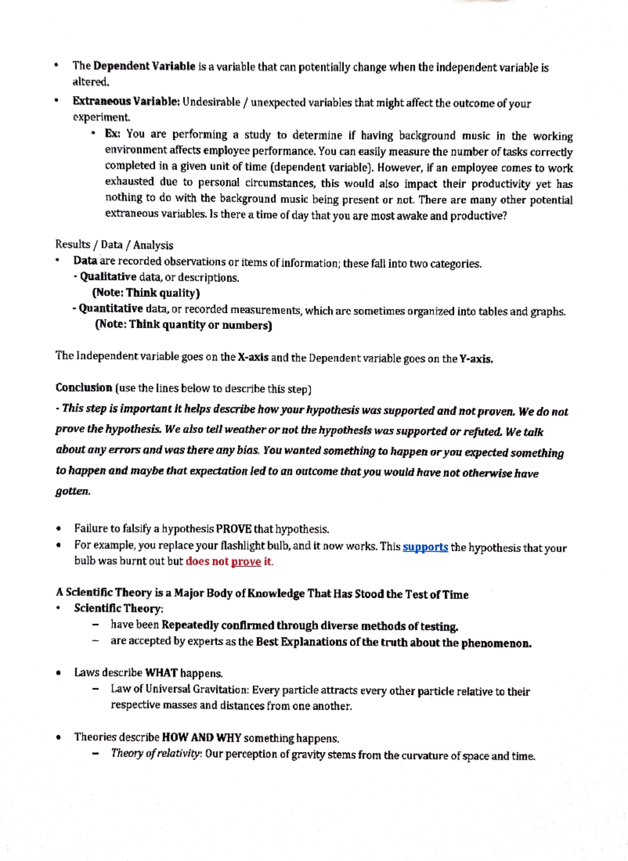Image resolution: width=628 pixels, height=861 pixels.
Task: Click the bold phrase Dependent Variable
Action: (x=144, y=66)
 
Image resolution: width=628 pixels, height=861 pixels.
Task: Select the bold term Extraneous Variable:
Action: (x=126, y=101)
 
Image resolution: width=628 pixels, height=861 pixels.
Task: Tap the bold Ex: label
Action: (x=113, y=134)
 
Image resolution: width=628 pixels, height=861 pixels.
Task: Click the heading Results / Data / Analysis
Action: (x=114, y=245)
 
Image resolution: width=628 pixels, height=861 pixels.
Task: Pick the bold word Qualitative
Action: (x=108, y=277)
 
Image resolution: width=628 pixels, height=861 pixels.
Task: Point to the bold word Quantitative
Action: (x=110, y=309)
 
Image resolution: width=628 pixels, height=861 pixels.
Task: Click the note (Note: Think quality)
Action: (x=146, y=293)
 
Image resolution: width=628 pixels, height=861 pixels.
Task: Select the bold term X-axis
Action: (x=253, y=358)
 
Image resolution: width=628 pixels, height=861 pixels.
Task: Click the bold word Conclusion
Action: (x=84, y=388)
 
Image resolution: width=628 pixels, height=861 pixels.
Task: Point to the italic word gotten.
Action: (x=73, y=492)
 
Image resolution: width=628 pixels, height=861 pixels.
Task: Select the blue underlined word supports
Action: (x=425, y=547)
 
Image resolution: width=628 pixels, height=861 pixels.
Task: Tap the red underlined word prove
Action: (x=246, y=562)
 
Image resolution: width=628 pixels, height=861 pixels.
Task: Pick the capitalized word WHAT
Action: (x=161, y=673)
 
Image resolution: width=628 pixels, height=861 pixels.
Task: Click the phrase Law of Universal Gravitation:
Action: (x=180, y=690)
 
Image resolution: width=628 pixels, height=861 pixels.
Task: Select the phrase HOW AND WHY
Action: (x=201, y=738)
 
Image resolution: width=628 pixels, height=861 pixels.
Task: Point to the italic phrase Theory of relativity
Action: (x=155, y=754)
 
